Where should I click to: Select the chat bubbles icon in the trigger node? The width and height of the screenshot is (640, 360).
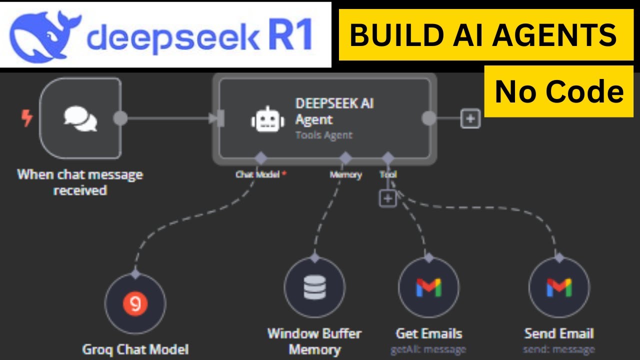tap(80, 119)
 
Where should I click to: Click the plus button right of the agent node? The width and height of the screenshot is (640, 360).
tap(470, 119)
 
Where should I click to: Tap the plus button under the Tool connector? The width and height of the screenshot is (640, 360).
tap(387, 198)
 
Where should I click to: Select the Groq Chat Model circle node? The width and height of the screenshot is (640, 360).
tap(135, 303)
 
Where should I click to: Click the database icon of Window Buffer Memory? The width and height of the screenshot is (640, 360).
tap(314, 287)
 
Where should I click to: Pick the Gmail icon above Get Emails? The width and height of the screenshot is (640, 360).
tap(428, 287)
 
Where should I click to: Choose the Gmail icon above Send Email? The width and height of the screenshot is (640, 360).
tap(559, 287)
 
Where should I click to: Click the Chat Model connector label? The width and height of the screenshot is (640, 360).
tap(257, 174)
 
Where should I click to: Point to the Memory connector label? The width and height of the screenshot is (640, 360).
tap(345, 174)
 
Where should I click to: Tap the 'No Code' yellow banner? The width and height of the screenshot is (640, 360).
tap(559, 91)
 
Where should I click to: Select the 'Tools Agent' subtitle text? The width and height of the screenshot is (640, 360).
tap(323, 135)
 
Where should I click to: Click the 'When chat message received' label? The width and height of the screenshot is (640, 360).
tap(80, 182)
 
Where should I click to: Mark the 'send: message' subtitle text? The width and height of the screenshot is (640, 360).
tap(559, 349)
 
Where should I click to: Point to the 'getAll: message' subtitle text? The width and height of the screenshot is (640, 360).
tap(428, 349)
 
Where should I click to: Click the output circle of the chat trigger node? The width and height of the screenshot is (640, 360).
tap(120, 119)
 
